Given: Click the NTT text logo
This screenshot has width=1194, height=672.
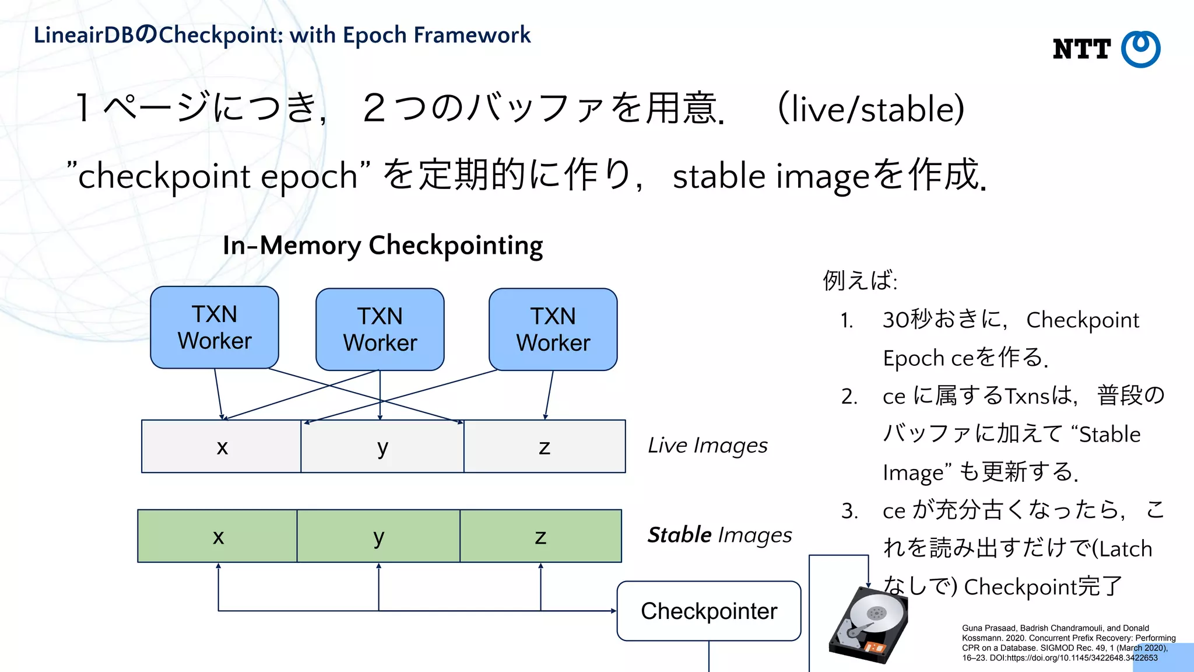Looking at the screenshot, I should pyautogui.click(x=1081, y=50).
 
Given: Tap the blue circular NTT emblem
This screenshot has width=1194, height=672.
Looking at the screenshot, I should pyautogui.click(x=1141, y=49).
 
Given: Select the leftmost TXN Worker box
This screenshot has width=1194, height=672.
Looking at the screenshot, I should pyautogui.click(x=215, y=327).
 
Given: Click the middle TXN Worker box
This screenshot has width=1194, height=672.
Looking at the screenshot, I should pyautogui.click(x=380, y=330).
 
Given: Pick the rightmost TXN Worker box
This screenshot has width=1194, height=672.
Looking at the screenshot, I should pyautogui.click(x=553, y=330).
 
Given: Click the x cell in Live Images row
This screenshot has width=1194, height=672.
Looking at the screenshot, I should pyautogui.click(x=222, y=447).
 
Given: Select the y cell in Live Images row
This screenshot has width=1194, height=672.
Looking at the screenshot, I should pyautogui.click(x=382, y=447).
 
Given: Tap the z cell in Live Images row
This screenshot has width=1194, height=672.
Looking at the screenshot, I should pyautogui.click(x=545, y=447).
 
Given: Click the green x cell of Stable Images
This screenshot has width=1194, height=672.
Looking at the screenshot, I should pyautogui.click(x=218, y=536).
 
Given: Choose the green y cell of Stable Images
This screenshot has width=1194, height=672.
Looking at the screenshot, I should pyautogui.click(x=378, y=536).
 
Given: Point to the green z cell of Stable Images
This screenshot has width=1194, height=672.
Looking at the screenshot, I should pyautogui.click(x=540, y=536).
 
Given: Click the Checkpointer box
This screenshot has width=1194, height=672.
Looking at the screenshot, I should pyautogui.click(x=709, y=611).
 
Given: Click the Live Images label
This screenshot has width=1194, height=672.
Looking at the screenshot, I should pyautogui.click(x=708, y=445).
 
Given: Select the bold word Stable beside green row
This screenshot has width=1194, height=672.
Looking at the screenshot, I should pyautogui.click(x=680, y=535).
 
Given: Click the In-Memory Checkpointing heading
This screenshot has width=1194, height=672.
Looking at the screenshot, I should pyautogui.click(x=382, y=245).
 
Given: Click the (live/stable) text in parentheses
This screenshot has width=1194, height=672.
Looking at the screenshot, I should pyautogui.click(x=871, y=109).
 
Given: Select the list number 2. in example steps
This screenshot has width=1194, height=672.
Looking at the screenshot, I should pyautogui.click(x=849, y=397).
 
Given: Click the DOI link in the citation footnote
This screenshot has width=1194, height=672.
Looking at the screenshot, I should pyautogui.click(x=1073, y=658).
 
